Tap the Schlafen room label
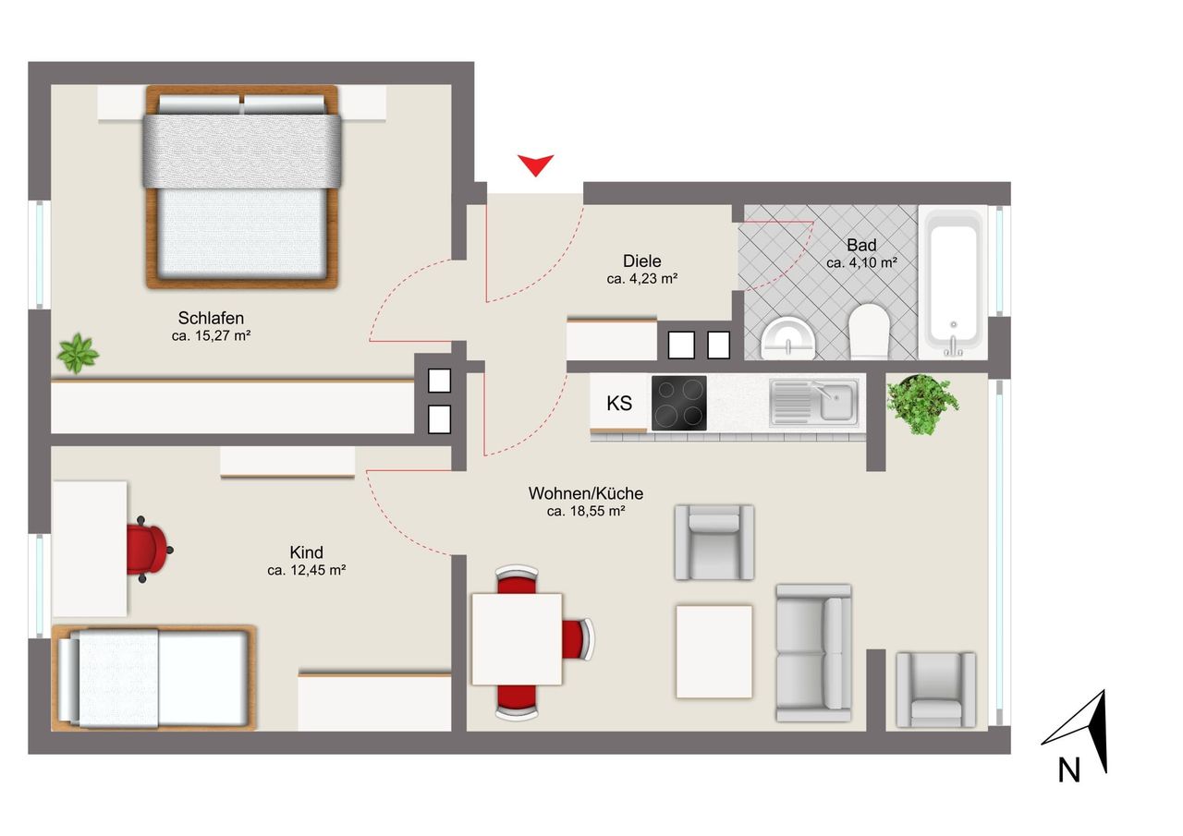pos(211,319)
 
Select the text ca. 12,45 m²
pos(306,571)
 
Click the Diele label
pos(641,260)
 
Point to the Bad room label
pos(861,245)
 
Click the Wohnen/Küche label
pos(586,493)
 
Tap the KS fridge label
pos(619,404)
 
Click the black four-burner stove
pos(678,403)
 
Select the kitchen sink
pos(814,402)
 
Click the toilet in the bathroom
pos(869,331)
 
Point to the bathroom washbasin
pos(788,338)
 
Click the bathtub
pos(953,284)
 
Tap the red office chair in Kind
pos(149,550)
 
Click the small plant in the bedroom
pos(79,353)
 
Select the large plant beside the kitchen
pos(922,404)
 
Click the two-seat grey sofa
pos(813,653)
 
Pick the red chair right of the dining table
pos(578,639)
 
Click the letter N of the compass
pos(1069,770)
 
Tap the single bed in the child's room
pos(153,678)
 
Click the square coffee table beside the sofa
pos(714,652)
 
